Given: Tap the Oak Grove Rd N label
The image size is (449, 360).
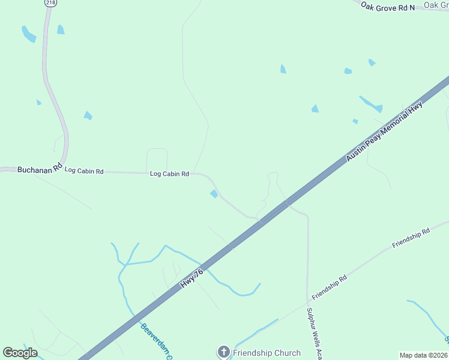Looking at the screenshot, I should (x=388, y=7).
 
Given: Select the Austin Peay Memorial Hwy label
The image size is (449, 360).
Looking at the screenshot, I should (x=385, y=131).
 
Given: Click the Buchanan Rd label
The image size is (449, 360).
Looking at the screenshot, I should (x=40, y=170).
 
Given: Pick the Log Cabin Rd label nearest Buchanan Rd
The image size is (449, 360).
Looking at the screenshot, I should (x=84, y=171).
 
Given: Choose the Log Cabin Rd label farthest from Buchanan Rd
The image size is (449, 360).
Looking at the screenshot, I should (x=169, y=174).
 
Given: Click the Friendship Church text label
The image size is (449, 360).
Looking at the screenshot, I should (x=267, y=352).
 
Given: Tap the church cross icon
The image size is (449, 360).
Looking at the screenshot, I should (x=223, y=352).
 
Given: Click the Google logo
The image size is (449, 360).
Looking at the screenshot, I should (x=20, y=353).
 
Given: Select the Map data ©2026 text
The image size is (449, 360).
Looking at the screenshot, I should (x=423, y=355).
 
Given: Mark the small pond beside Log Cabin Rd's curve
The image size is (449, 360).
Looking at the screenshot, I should (x=214, y=194).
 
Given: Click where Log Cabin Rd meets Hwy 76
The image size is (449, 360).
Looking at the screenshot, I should (x=259, y=220).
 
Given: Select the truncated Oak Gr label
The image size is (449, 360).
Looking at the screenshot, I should (x=436, y=5).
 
